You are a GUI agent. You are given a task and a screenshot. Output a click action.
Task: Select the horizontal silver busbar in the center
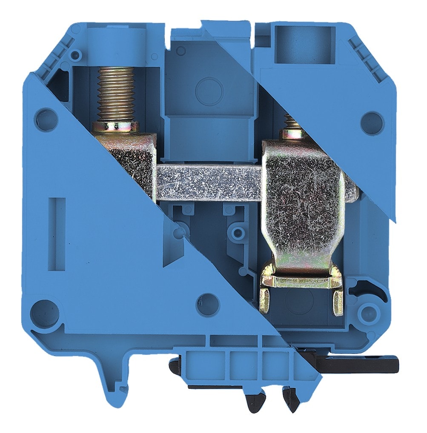(x=209, y=183)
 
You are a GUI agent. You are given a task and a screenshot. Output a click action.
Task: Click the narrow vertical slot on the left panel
(x=57, y=234)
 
